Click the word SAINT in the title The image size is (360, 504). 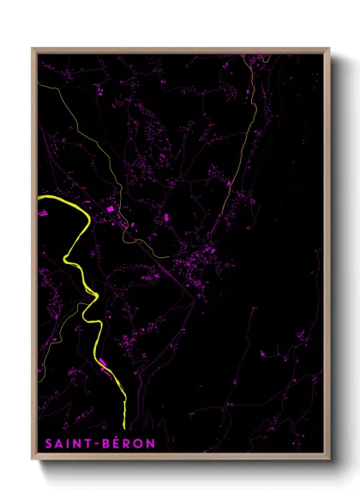(66, 443)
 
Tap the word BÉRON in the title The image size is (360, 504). (126, 443)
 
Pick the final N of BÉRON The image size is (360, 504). (150, 443)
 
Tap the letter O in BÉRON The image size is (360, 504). (138, 443)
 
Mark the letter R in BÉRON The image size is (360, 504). (127, 443)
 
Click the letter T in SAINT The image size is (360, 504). (87, 443)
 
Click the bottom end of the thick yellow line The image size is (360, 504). (124, 426)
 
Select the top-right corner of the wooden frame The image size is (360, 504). (329, 50)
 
